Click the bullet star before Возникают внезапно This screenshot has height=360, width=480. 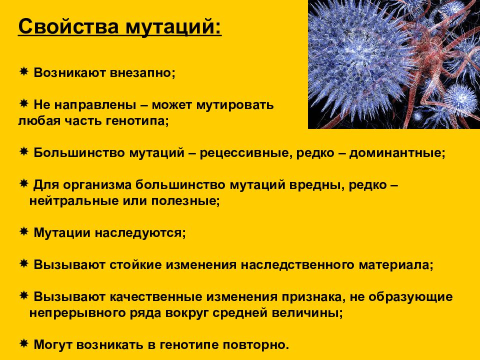point(23,72)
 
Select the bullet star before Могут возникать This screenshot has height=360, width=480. point(23,344)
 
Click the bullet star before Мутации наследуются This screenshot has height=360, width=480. point(23,232)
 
